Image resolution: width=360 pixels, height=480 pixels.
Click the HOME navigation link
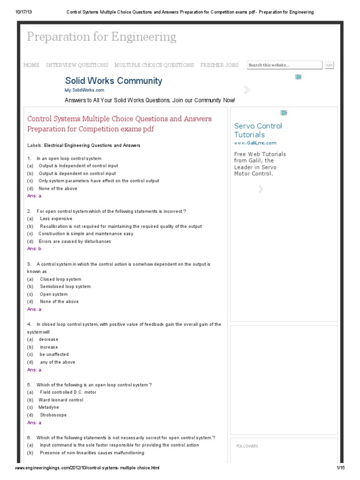31,65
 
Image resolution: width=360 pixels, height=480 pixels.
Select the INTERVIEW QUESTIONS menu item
77,65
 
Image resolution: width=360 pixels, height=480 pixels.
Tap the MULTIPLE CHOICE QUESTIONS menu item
154,65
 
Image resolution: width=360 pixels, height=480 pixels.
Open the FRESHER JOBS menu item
219,65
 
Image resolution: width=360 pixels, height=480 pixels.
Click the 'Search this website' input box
284,65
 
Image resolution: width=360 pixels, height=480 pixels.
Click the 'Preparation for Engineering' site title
101,37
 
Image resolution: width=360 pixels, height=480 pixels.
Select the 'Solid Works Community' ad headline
113,81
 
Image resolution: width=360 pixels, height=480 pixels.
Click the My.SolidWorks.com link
84,90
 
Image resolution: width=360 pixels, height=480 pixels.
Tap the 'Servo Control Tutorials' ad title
258,130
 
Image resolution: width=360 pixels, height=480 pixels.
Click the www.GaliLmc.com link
255,143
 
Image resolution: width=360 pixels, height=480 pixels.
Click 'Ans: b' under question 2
34,249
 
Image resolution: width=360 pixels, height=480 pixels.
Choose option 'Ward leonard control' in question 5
61,400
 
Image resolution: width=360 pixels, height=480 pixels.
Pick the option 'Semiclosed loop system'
65,286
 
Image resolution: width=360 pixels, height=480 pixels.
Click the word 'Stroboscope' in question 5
53,415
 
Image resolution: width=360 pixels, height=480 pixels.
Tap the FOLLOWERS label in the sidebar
247,446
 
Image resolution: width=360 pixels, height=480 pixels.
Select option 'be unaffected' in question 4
54,354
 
